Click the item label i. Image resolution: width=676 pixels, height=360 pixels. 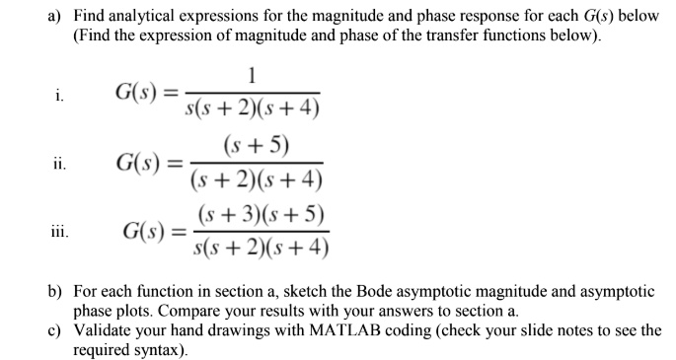(59, 96)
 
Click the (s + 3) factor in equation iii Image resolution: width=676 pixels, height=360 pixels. (228, 214)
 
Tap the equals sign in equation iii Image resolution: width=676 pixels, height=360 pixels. (179, 233)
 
